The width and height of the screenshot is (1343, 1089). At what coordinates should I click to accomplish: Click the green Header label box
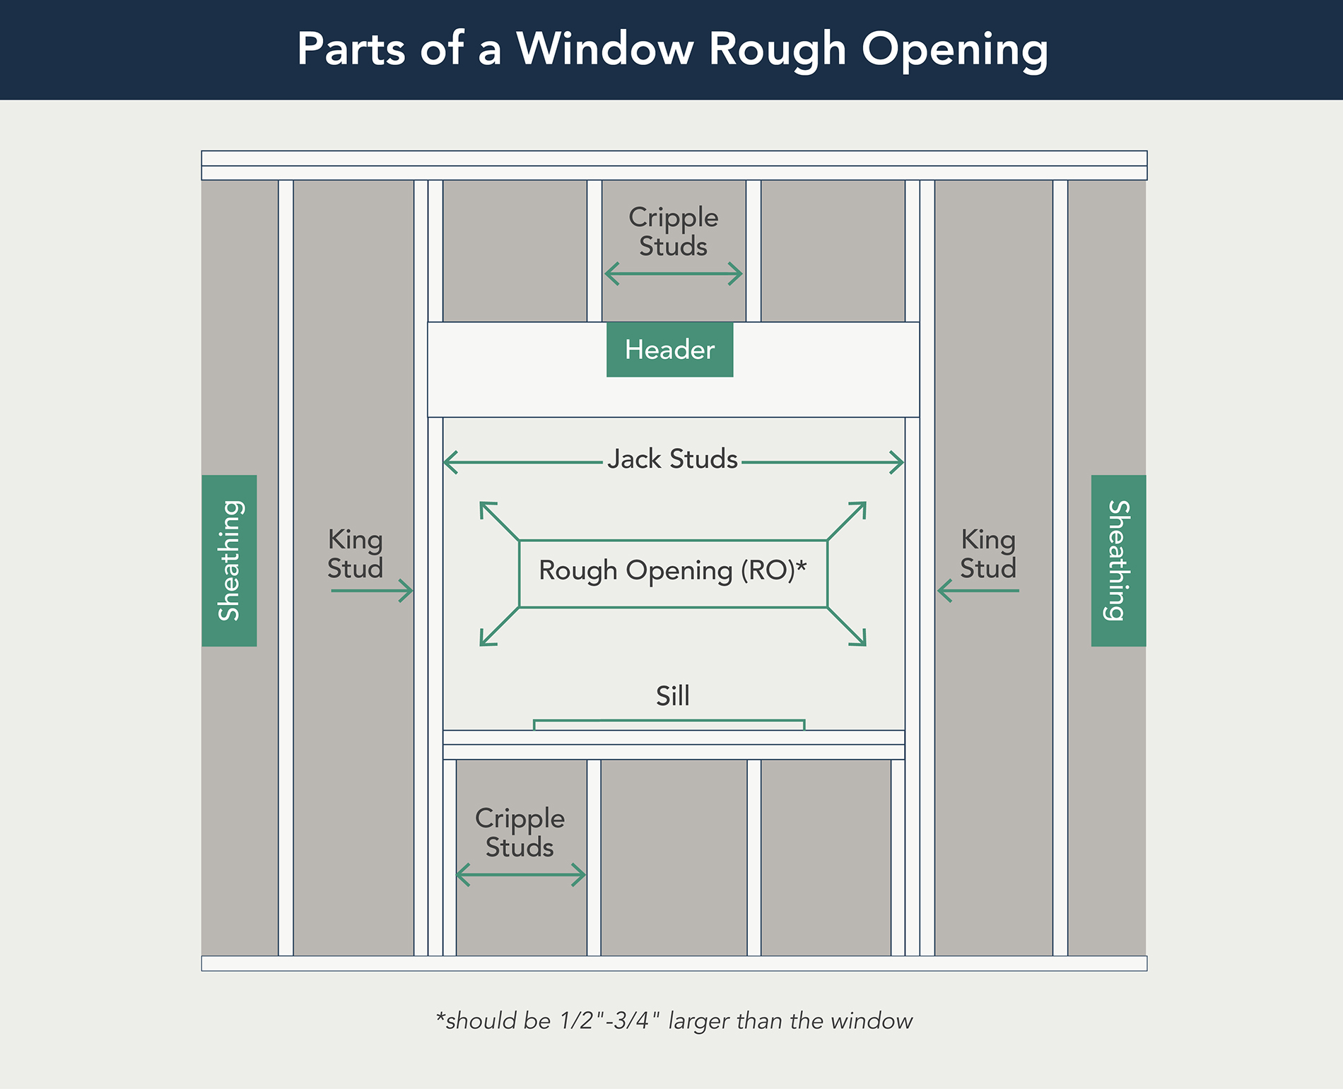[669, 350]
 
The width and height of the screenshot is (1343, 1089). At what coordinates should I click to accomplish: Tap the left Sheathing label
[229, 560]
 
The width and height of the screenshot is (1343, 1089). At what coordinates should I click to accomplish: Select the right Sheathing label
[1118, 560]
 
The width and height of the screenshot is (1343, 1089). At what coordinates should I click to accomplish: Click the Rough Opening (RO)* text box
[673, 573]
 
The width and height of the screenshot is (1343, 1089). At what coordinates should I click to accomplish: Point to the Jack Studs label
[672, 459]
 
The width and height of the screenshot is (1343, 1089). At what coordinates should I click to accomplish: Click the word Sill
[672, 696]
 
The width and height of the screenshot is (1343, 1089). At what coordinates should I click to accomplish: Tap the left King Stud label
[355, 553]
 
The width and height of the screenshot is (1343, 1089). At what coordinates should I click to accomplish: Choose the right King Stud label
[987, 553]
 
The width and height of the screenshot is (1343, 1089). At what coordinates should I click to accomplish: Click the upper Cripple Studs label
[673, 231]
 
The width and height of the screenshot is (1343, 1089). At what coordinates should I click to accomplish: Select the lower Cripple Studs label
[520, 832]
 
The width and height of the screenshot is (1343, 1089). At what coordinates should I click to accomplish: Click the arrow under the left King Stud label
[372, 590]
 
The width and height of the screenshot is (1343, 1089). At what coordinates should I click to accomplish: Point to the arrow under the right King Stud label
[978, 590]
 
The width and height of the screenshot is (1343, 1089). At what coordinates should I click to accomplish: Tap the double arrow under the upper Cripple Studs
[674, 273]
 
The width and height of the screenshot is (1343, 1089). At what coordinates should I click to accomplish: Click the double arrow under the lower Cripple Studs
[521, 875]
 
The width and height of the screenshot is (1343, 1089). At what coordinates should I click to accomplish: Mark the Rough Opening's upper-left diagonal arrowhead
[485, 507]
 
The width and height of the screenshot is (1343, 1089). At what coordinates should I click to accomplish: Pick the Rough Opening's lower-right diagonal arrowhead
[860, 640]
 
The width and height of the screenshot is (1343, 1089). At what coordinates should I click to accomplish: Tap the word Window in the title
[605, 49]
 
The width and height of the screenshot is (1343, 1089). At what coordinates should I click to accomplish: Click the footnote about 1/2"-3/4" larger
[674, 1021]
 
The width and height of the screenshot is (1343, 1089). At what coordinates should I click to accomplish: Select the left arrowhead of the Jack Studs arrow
[450, 463]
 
